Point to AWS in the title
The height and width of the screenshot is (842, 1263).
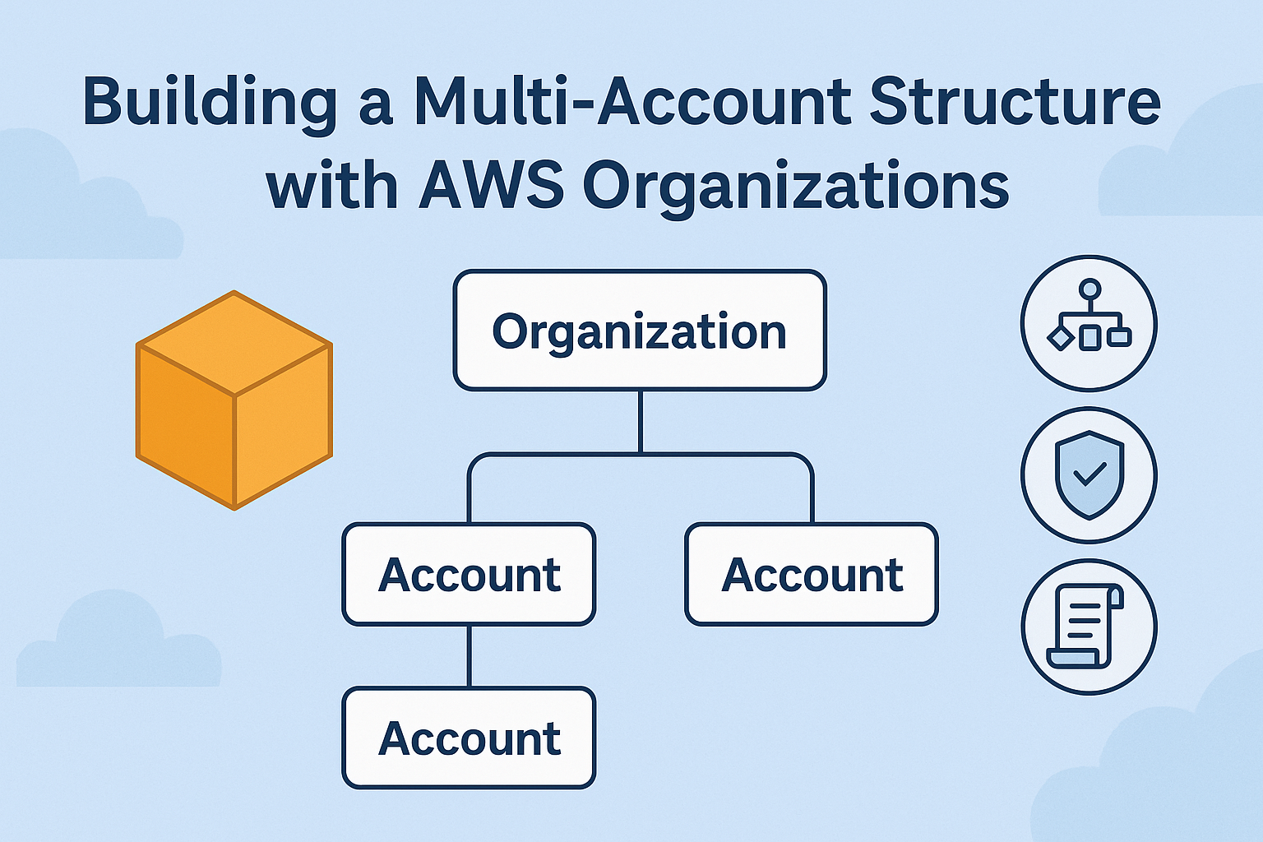coord(491,186)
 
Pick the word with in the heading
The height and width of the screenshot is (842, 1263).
coord(331,186)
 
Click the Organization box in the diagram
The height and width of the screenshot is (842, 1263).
coord(640,331)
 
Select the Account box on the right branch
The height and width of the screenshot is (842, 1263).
coord(812,575)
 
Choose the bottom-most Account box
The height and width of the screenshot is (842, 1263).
coord(469,738)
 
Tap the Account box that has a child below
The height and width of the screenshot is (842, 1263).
coord(469,575)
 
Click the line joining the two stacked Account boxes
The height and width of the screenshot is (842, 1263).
coord(469,656)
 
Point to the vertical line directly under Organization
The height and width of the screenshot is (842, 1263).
coord(640,421)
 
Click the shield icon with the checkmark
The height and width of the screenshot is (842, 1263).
coord(1089,474)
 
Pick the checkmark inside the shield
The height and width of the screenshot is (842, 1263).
coord(1090,473)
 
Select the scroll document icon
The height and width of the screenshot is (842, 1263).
coord(1085,626)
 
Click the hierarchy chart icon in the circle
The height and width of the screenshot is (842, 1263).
coord(1089,322)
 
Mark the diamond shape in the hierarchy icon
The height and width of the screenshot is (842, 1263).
coord(1061,337)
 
